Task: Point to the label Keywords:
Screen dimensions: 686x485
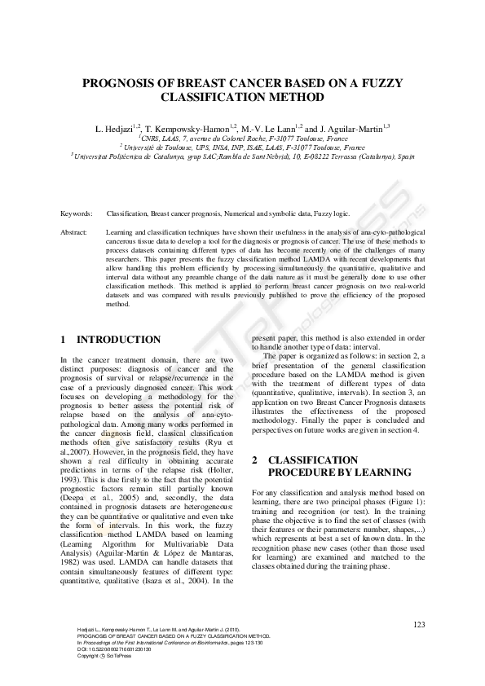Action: point(77,213)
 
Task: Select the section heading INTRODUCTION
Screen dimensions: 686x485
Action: point(118,340)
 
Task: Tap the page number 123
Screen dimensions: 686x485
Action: point(420,624)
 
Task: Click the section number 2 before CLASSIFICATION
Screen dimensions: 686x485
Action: point(254,460)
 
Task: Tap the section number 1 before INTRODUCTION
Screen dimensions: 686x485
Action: point(64,340)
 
